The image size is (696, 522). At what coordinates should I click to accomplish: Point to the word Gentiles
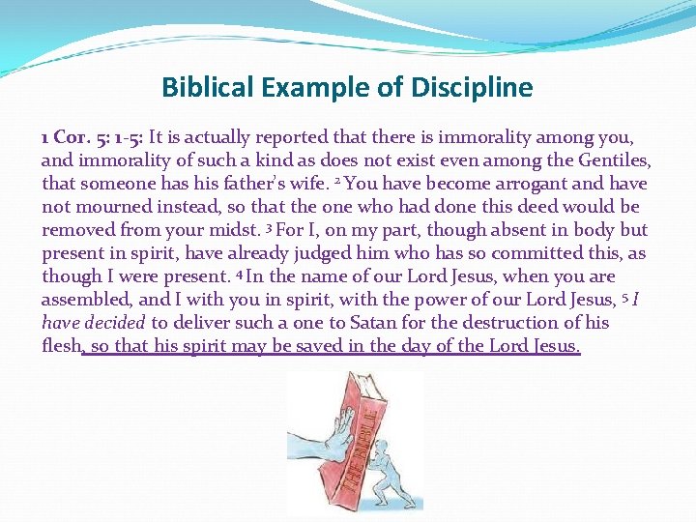pos(613,160)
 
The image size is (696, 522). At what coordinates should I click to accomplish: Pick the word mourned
pos(121,207)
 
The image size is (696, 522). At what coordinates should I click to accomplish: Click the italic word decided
pos(116,323)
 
